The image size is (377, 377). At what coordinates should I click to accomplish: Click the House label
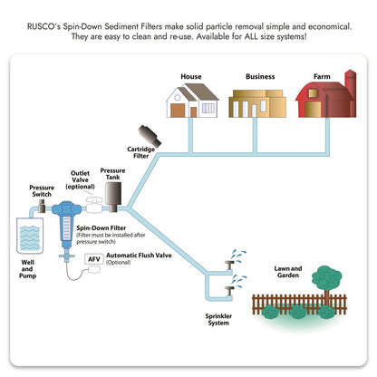pos(190,77)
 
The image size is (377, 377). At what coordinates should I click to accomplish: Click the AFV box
pos(93,259)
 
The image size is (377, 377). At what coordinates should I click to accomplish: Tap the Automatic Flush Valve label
pos(139,258)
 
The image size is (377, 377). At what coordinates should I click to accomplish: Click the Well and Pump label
pos(28,275)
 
